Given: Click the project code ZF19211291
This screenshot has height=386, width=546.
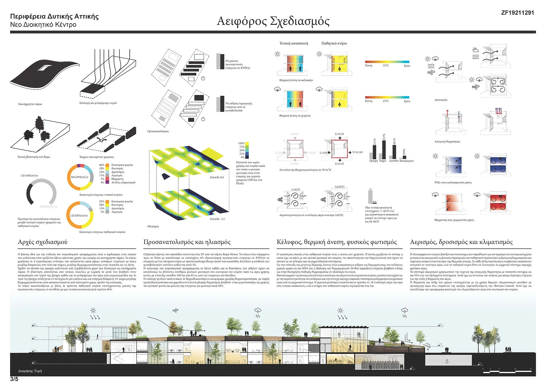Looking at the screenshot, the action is tap(517, 13).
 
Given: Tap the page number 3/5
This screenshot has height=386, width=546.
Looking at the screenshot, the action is tap(14, 379).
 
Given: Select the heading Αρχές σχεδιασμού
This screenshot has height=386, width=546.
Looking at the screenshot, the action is tap(43, 242).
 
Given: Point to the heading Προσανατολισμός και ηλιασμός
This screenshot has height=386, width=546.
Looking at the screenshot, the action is tap(187, 242).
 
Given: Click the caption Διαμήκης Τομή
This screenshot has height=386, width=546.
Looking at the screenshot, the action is tap(30, 371).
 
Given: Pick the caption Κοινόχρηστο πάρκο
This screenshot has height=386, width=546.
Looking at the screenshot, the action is tap(30, 104).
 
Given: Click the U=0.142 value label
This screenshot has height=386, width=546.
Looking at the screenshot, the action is tap(357, 152).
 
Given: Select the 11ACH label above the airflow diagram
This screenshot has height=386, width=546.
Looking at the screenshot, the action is tap(295, 189).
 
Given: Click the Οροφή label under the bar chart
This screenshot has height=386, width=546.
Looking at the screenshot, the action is tap(373, 161).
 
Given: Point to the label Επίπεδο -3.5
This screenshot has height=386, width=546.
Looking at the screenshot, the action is tap(217, 219).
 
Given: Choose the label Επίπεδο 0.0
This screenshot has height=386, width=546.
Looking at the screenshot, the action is tap(217, 177).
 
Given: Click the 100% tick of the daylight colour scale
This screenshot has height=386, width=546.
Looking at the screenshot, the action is tap(241, 143).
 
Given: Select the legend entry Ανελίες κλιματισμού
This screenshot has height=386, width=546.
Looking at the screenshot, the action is tap(123, 182).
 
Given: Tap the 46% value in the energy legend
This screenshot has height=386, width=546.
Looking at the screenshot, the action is tap(102, 165).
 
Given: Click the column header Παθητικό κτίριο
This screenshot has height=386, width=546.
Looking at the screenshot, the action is tap(334, 43).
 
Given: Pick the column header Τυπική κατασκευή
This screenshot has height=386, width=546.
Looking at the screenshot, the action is tap(293, 43).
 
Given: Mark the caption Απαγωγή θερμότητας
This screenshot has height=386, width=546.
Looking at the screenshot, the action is tap(447, 142).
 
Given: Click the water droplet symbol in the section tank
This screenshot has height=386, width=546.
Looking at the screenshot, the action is tap(447, 361).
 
